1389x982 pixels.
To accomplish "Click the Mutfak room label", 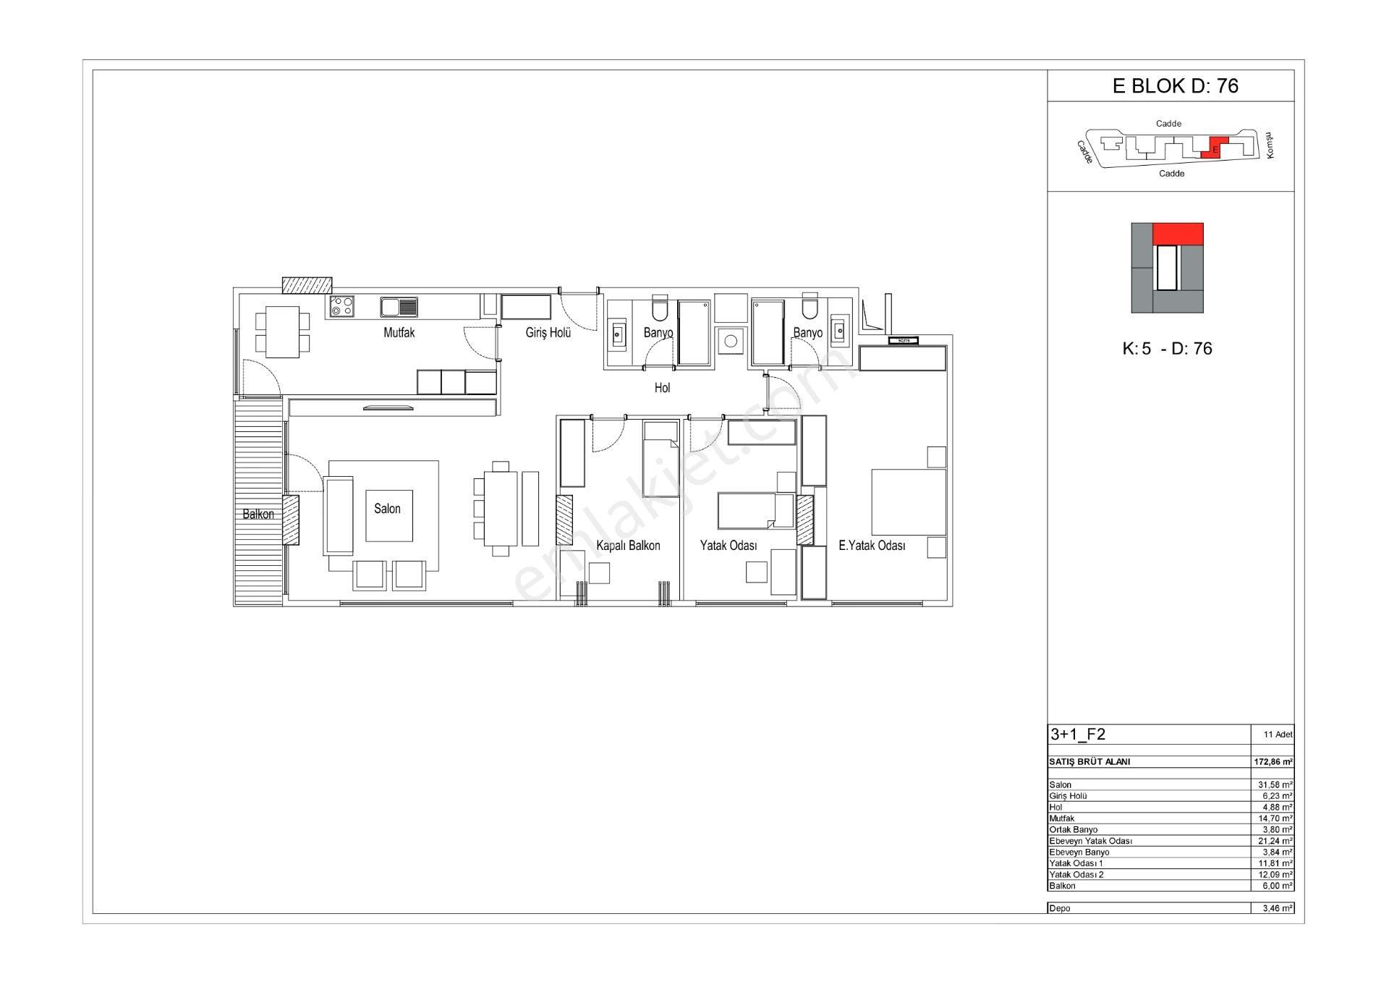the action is [x=399, y=333].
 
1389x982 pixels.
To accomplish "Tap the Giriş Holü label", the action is [x=548, y=333].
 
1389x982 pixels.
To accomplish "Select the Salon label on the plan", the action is [x=387, y=509].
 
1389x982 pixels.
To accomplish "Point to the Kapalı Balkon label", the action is [x=628, y=546].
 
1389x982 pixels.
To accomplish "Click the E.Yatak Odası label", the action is [x=872, y=546].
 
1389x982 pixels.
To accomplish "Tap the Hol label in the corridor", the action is [x=662, y=388].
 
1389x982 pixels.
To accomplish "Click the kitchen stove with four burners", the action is [x=341, y=306].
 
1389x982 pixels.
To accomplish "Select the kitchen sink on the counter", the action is [x=399, y=307].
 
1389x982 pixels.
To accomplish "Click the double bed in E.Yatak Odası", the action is [x=909, y=502].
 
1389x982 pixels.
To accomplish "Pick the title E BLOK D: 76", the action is [x=1176, y=86].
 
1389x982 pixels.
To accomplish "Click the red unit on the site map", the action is [x=1215, y=147].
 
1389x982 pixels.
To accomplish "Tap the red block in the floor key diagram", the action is [x=1178, y=234].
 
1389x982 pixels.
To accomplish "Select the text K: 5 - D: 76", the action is [x=1167, y=349].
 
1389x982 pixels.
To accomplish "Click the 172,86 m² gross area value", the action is [x=1273, y=762].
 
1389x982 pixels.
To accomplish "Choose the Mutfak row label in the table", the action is [x=1061, y=818].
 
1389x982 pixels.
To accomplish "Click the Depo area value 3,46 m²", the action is [x=1278, y=909].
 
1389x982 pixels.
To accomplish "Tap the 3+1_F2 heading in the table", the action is [x=1078, y=735].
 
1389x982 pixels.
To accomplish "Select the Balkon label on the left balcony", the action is [x=258, y=515].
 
